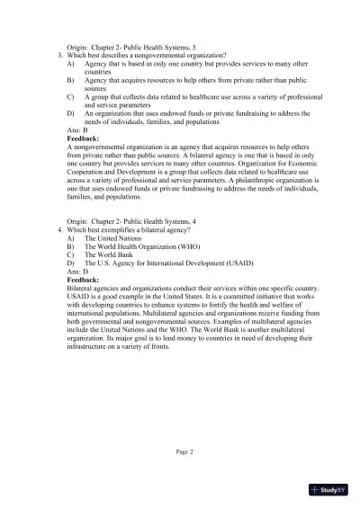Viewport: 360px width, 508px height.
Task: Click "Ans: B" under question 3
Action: pyautogui.click(x=79, y=131)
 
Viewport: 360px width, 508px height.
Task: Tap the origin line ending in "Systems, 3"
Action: pyautogui.click(x=131, y=46)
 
